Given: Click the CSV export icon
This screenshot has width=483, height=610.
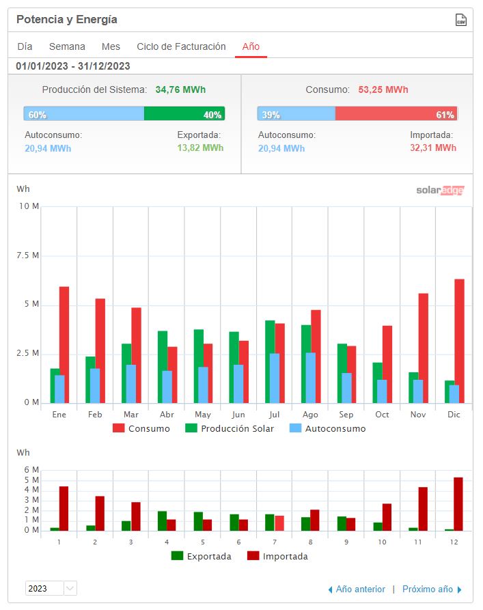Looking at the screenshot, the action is click(x=461, y=20).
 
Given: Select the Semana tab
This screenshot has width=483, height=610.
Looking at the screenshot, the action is click(x=67, y=46).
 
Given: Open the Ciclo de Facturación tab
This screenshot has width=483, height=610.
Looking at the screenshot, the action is click(x=181, y=46).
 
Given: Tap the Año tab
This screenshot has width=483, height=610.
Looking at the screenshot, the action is click(x=251, y=46).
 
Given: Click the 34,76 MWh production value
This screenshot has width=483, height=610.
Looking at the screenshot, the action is click(x=180, y=89).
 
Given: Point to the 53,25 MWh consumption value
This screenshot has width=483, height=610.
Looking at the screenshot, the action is click(x=383, y=89).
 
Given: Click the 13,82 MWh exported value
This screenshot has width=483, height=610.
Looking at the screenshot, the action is click(x=200, y=148).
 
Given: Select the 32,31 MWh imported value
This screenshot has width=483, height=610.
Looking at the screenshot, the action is click(x=433, y=148).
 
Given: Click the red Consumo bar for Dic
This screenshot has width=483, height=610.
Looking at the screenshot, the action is click(x=459, y=341).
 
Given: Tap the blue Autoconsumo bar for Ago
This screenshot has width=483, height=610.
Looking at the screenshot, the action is click(x=311, y=378).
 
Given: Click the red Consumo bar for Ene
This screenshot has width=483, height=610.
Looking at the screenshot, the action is click(x=64, y=345).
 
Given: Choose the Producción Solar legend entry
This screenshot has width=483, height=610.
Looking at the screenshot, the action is click(x=230, y=428).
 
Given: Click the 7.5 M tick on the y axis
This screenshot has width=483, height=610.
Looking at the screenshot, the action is click(x=27, y=255).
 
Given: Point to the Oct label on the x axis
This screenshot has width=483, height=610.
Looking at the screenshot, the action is click(x=382, y=415).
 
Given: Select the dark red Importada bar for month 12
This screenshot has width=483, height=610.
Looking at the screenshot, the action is click(x=458, y=504).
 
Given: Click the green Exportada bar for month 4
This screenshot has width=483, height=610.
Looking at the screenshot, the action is click(x=162, y=521).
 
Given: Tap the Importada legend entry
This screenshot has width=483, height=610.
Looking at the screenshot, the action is click(x=277, y=556).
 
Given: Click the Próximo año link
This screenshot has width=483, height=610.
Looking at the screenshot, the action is click(x=432, y=589).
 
